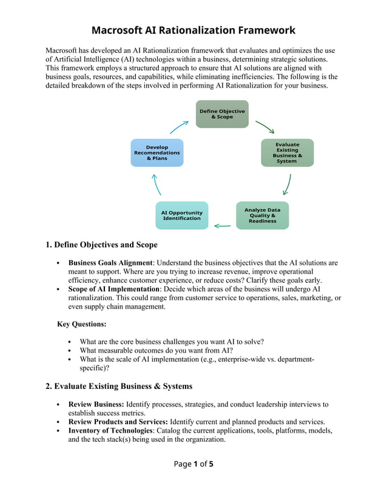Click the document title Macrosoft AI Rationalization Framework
click(x=193, y=30)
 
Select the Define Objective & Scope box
click(x=222, y=114)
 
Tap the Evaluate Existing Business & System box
click(x=287, y=153)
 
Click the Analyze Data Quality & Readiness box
click(x=262, y=215)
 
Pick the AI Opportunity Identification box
click(x=181, y=215)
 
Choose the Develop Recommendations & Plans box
click(x=156, y=153)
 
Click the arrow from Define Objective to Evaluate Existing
click(x=264, y=127)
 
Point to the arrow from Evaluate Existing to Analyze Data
click(x=287, y=184)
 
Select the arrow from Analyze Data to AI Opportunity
click(x=222, y=226)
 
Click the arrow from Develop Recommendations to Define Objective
click(x=179, y=126)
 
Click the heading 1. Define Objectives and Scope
click(x=101, y=245)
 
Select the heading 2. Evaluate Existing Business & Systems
click(x=119, y=386)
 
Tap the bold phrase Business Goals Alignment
click(x=110, y=263)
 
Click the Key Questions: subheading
click(x=81, y=324)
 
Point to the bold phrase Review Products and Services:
click(x=118, y=422)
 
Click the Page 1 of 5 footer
click(x=193, y=464)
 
